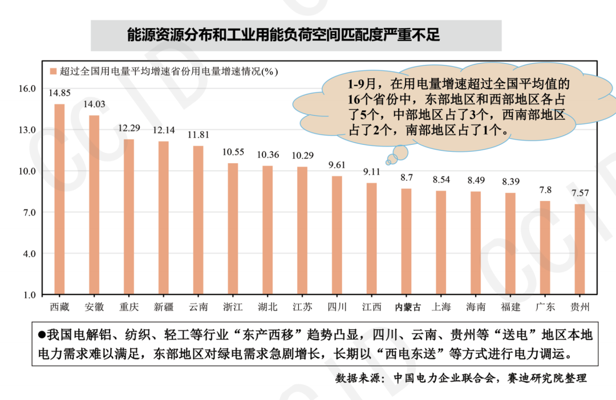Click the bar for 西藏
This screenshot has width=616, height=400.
pyautogui.click(x=59, y=199)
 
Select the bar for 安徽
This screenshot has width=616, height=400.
pyautogui.click(x=94, y=205)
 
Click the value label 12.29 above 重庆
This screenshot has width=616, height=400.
pyautogui.click(x=129, y=128)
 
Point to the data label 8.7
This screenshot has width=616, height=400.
pyautogui.click(x=407, y=177)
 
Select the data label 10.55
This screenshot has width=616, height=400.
pyautogui.click(x=233, y=152)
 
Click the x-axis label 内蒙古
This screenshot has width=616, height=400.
pyautogui.click(x=408, y=307)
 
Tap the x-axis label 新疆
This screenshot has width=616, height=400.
pyautogui.click(x=164, y=307)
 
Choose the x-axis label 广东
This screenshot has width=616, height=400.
pyautogui.click(x=545, y=307)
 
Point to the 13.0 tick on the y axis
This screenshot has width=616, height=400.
pyautogui.click(x=28, y=130)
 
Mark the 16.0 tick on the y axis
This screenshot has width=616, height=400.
pyautogui.click(x=28, y=89)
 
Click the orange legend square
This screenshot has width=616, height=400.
pyautogui.click(x=53, y=71)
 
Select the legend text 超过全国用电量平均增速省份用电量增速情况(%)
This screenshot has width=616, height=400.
pyautogui.click(x=168, y=71)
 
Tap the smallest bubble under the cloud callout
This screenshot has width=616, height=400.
pyautogui.click(x=388, y=162)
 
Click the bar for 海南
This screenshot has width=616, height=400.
pyautogui.click(x=476, y=243)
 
